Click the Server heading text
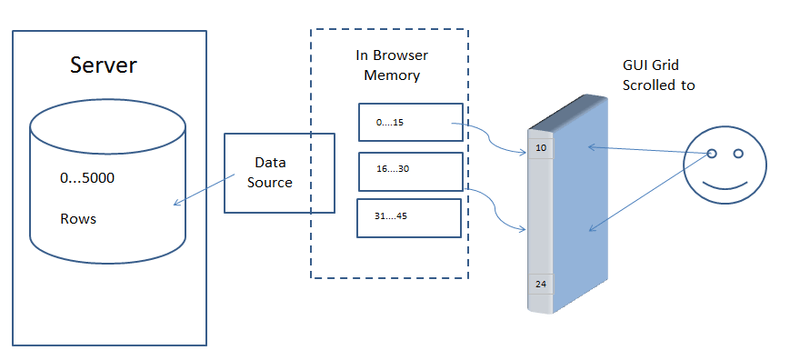(x=104, y=65)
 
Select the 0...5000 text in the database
(x=87, y=178)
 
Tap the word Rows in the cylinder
(x=78, y=219)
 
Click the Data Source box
(x=279, y=173)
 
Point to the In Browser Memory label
(x=392, y=65)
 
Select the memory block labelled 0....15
(x=411, y=122)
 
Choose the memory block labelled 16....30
(x=411, y=171)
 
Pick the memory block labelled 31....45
(x=409, y=218)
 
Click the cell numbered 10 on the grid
(x=540, y=148)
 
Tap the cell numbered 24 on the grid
(x=540, y=284)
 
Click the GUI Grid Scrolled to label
(x=658, y=75)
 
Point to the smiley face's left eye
(x=712, y=153)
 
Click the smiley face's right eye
(x=738, y=153)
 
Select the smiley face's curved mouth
(x=724, y=187)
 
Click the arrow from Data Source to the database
(x=204, y=190)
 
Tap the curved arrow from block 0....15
(x=489, y=138)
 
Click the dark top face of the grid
(x=568, y=113)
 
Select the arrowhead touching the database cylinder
(x=176, y=203)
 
